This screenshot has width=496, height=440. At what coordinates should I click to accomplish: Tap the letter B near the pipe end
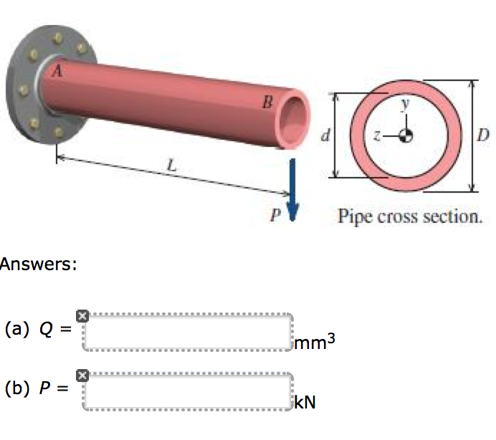tap(266, 103)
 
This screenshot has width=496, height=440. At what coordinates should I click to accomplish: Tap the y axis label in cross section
tap(405, 105)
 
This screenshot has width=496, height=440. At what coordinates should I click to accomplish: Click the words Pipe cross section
tap(410, 215)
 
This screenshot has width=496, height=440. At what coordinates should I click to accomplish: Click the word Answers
tap(37, 264)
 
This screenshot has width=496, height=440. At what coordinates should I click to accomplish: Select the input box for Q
tap(189, 332)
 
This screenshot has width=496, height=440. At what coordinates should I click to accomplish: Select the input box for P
tap(189, 391)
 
